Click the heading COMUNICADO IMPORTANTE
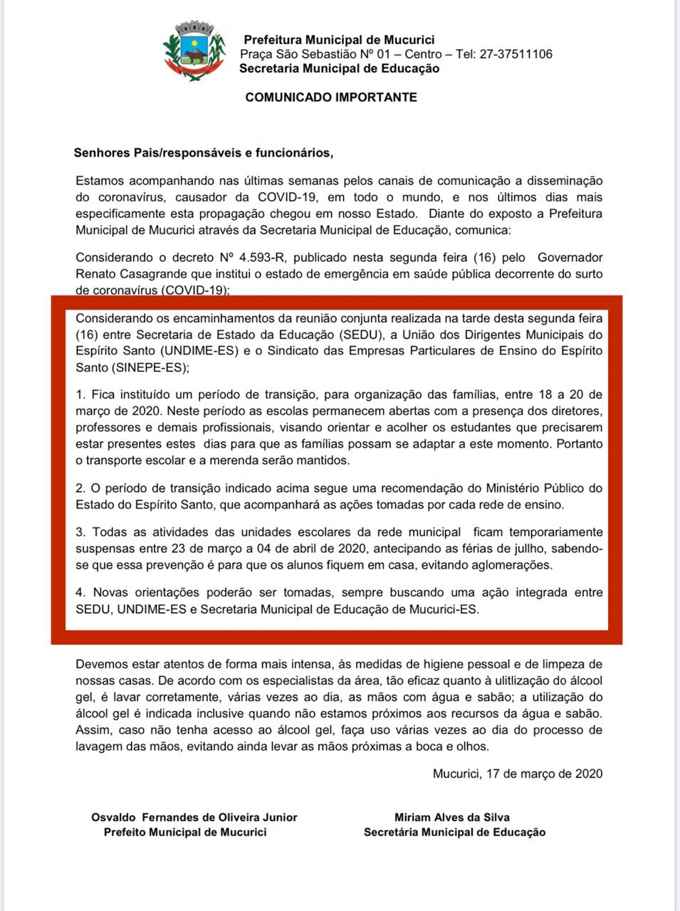click(331, 98)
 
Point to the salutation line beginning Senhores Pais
click(203, 152)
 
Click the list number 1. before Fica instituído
click(80, 394)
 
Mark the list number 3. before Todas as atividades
click(80, 532)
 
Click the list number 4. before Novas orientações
click(80, 592)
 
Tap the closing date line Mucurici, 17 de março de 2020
click(517, 774)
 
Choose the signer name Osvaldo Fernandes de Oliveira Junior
click(194, 817)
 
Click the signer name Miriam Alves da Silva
click(452, 817)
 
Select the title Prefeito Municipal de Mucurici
click(185, 832)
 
